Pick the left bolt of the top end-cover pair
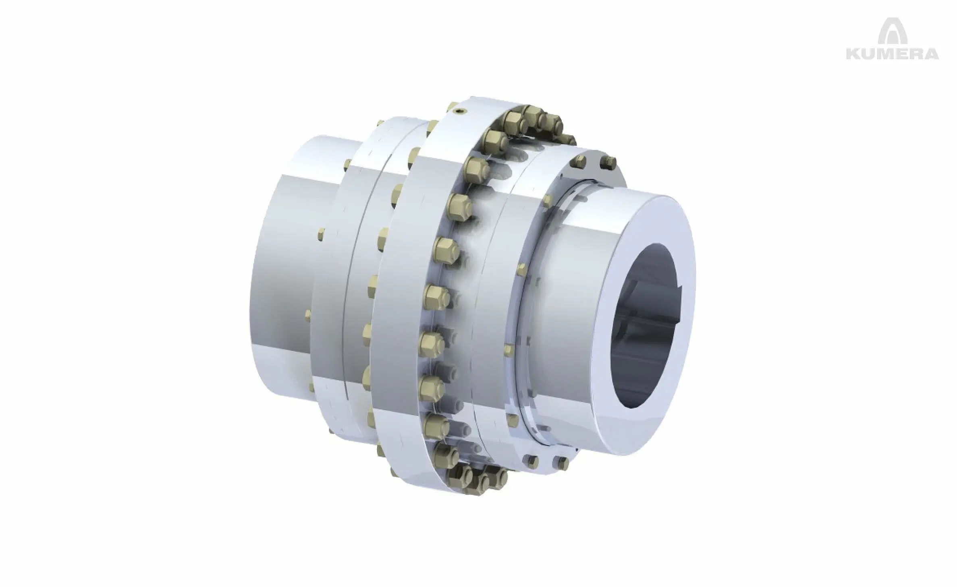(x=579, y=161)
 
